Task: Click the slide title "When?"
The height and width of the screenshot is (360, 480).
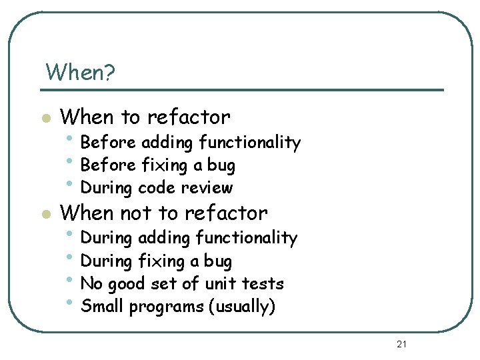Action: pos(80,72)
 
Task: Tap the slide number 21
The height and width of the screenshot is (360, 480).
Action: pos(401,344)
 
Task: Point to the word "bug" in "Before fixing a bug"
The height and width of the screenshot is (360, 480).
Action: pos(221,165)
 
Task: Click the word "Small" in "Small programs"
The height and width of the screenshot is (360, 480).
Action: pos(102,307)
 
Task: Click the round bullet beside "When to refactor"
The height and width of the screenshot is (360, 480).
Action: pos(45,119)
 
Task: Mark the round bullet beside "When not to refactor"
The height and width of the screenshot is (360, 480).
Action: pos(45,215)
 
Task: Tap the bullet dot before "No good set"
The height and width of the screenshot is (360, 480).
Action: pos(71,279)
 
